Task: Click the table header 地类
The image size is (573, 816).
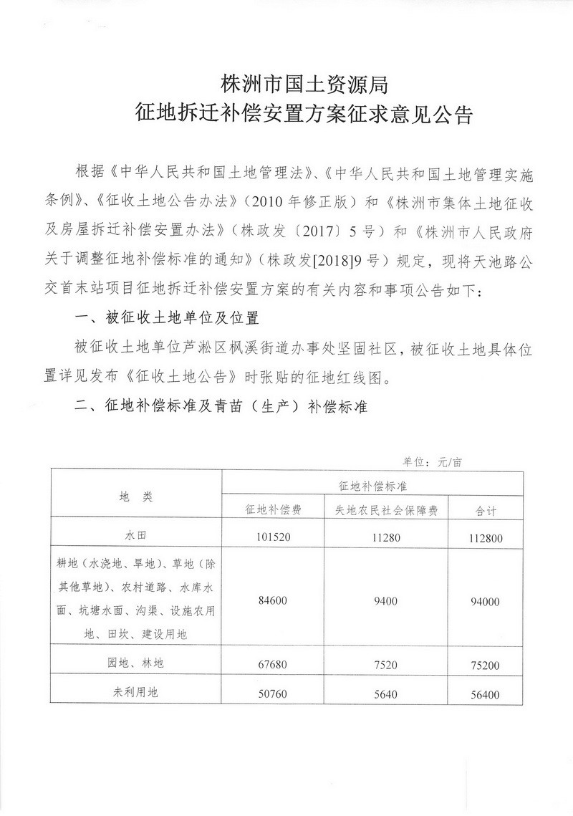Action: pyautogui.click(x=136, y=496)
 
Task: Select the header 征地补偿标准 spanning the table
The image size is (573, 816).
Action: pyautogui.click(x=372, y=485)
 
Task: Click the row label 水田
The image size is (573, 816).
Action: pyautogui.click(x=136, y=535)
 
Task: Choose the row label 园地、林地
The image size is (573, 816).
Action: pyautogui.click(x=136, y=664)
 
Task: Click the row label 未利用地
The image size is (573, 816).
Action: pyautogui.click(x=136, y=692)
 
